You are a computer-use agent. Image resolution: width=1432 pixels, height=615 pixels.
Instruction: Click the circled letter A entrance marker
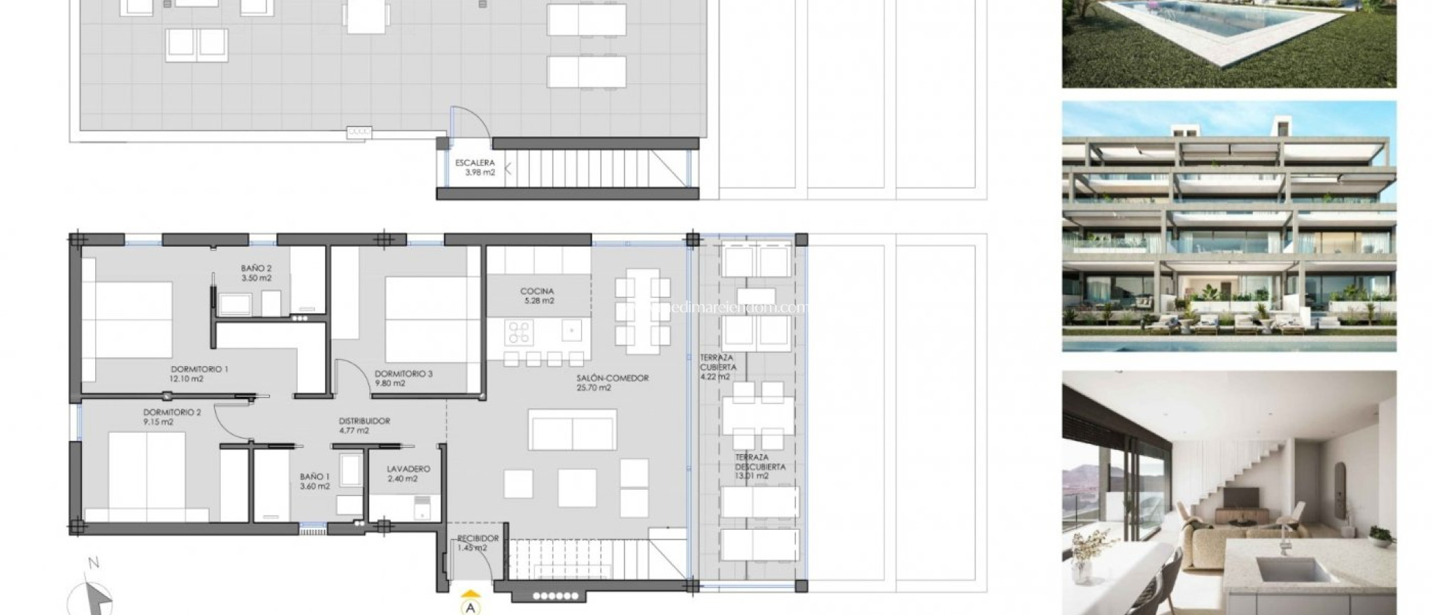click(x=471, y=607)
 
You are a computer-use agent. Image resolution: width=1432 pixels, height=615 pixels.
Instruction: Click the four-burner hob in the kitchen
click(x=520, y=332)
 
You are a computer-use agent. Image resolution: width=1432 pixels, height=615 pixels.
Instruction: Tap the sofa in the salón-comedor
click(x=573, y=430)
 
